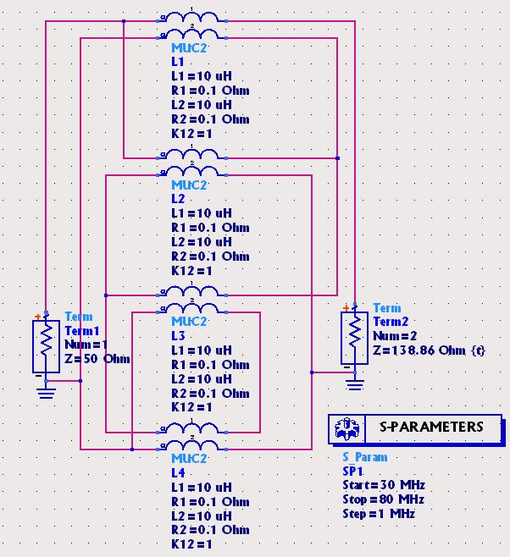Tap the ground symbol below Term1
[46, 390]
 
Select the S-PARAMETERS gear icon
[346, 429]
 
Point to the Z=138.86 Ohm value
[430, 350]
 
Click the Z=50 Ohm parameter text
[97, 359]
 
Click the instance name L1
[178, 62]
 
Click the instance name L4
[178, 473]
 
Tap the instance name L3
[178, 336]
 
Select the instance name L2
[178, 199]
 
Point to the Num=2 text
[391, 336]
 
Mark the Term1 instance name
[82, 330]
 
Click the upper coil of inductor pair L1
[192, 18]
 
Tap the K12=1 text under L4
[191, 544]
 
